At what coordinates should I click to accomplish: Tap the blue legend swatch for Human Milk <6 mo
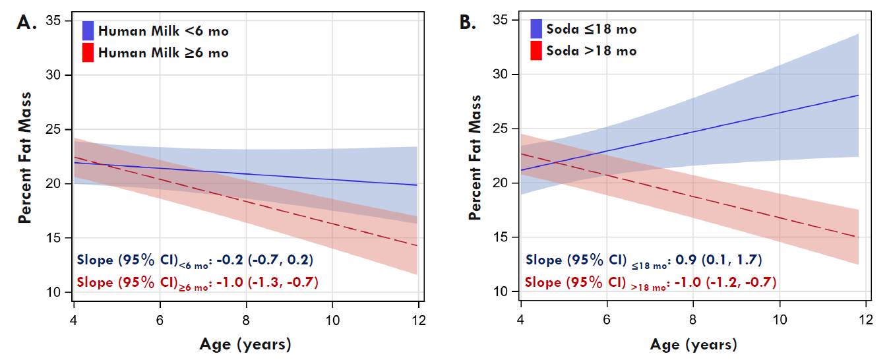[x=88, y=30]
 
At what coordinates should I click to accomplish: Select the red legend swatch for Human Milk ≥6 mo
[x=88, y=52]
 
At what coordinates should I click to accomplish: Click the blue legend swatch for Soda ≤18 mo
[x=536, y=29]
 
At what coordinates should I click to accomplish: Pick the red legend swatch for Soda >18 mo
[x=536, y=51]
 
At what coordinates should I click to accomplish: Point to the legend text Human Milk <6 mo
[x=164, y=30]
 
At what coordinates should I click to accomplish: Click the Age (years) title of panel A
[x=245, y=344]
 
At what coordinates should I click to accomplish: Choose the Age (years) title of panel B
[x=693, y=344]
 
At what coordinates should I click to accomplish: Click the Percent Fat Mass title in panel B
[x=475, y=157]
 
